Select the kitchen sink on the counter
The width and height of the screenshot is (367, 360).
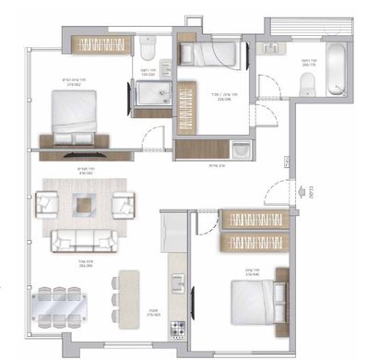click(x=173, y=228)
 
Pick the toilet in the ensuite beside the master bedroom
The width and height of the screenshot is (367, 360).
click(x=148, y=46)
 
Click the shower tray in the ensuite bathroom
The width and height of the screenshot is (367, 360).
click(x=150, y=95)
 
